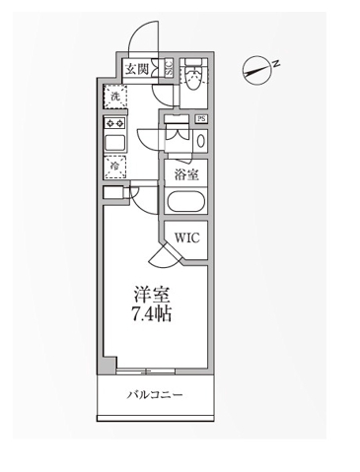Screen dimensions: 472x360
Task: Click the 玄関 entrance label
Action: tap(136, 69)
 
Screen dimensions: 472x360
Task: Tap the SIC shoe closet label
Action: tap(168, 69)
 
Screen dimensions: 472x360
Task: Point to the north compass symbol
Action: tap(258, 69)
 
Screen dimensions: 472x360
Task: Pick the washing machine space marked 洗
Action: tap(114, 97)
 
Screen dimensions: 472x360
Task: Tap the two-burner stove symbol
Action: tap(114, 124)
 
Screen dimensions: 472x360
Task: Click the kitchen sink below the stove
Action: tap(114, 144)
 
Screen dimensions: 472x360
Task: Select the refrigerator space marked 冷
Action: tap(114, 168)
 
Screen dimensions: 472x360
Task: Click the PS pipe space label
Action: tap(201, 120)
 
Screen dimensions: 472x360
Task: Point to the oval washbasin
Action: tap(201, 140)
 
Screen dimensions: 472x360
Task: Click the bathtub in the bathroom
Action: tap(185, 204)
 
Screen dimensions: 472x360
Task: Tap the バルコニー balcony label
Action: tap(155, 396)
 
